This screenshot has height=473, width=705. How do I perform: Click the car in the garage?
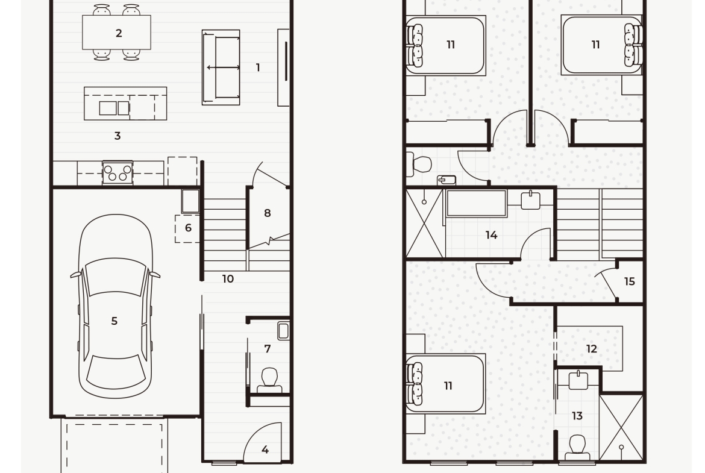(115, 306)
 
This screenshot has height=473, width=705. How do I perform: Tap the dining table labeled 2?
(116, 33)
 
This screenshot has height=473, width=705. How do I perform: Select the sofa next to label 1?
(221, 67)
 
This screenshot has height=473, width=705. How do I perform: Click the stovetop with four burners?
(117, 173)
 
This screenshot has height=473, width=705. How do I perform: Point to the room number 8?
(268, 213)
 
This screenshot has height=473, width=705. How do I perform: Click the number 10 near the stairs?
(228, 279)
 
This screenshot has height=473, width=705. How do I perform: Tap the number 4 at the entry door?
(265, 449)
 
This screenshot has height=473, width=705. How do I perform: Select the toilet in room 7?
(269, 380)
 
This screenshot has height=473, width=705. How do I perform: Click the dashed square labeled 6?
(187, 228)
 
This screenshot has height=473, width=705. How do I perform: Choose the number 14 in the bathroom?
(492, 235)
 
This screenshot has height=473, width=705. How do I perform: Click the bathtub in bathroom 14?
(477, 203)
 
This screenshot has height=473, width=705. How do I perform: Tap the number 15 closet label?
(630, 281)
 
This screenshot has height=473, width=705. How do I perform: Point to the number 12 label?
(592, 349)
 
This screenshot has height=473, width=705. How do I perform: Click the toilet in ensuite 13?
(577, 446)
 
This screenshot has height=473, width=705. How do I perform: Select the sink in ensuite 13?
(578, 380)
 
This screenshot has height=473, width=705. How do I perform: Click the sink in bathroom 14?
(531, 200)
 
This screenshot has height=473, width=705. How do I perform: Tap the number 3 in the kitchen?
(117, 136)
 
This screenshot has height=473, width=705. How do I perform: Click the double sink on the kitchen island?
(114, 108)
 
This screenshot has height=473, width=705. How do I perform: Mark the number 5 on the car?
(114, 321)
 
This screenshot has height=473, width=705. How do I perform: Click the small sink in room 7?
(283, 331)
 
